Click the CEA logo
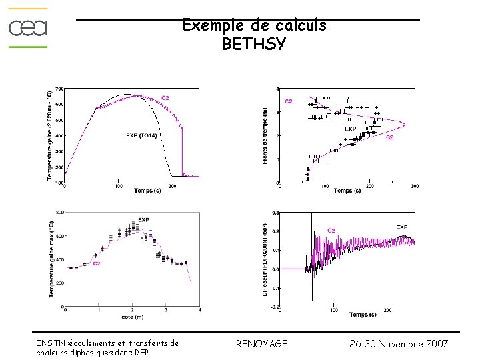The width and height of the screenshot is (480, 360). click(28, 28)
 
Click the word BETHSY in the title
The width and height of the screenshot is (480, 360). click(254, 45)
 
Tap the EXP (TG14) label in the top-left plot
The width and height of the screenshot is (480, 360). click(141, 136)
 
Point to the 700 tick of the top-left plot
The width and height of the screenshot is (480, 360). click(59, 89)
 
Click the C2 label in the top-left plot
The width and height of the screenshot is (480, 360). click(165, 97)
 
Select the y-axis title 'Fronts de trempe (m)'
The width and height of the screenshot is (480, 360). click(265, 136)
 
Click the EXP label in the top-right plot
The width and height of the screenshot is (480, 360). click(350, 129)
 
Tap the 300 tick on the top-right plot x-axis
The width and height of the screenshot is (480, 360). click(414, 187)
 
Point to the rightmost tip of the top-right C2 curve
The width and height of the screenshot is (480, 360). click(406, 124)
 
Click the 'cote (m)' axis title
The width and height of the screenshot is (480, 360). click(133, 316)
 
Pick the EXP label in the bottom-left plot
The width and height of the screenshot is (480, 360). click(143, 220)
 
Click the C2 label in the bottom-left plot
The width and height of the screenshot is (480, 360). click(97, 263)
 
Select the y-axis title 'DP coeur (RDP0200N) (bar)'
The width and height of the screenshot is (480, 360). click(265, 260)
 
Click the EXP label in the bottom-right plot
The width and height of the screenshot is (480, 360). click(402, 227)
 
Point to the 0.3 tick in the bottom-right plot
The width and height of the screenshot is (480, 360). click(275, 213)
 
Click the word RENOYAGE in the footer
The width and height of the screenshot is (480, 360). click(262, 344)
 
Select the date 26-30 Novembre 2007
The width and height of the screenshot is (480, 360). click(399, 344)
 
